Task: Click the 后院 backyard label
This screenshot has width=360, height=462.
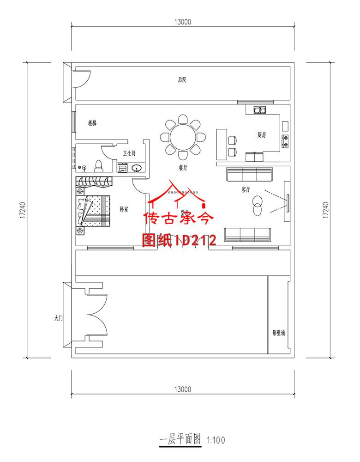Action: [182, 80]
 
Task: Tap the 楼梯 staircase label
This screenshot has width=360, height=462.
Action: [92, 123]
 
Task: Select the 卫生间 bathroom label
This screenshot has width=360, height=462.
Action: [129, 153]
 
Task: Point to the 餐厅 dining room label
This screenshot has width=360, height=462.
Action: [183, 168]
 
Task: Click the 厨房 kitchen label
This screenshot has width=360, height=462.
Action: [262, 135]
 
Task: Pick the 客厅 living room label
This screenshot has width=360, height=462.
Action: [246, 189]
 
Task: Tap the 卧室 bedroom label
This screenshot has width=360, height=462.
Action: [124, 209]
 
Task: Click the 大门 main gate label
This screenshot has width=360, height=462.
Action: [58, 318]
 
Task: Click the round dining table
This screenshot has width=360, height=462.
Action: [183, 136]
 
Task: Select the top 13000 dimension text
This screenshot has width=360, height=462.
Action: [183, 21]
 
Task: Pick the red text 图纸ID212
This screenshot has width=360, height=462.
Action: [180, 240]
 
